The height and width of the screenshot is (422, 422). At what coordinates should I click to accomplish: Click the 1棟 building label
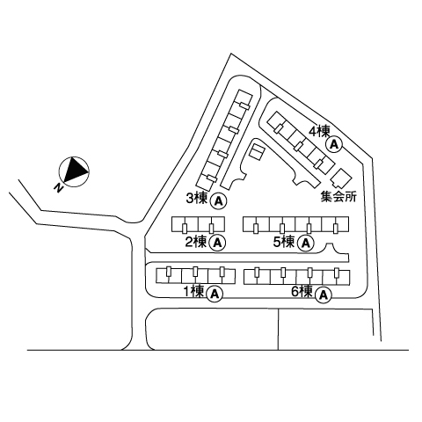click(193, 292)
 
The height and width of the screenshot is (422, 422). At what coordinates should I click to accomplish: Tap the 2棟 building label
click(196, 242)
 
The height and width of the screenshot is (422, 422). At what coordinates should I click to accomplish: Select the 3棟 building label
click(197, 199)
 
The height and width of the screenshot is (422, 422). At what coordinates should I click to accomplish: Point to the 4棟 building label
click(320, 131)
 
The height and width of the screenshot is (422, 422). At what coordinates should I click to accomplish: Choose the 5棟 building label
click(284, 242)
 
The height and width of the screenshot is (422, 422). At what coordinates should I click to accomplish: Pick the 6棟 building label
click(302, 292)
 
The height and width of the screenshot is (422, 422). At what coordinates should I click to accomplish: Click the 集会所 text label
click(338, 197)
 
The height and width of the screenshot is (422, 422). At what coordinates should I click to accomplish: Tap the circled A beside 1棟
click(215, 294)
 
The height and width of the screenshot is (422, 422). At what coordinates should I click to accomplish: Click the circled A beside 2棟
click(217, 243)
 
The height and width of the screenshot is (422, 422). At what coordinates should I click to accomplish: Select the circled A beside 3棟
click(219, 200)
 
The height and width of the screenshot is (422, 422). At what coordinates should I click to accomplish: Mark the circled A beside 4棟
click(334, 144)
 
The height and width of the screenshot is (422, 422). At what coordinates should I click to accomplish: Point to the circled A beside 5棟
click(306, 244)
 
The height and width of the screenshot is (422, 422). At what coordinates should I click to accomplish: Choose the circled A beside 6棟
click(324, 295)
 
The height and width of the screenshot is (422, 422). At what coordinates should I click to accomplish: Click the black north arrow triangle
click(75, 171)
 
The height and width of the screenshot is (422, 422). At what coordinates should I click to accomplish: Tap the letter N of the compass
click(59, 188)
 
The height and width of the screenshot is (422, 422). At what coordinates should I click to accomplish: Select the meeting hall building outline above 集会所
click(341, 178)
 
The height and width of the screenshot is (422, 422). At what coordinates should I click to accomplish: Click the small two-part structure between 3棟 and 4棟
click(257, 152)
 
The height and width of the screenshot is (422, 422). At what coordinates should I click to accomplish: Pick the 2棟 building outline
click(198, 225)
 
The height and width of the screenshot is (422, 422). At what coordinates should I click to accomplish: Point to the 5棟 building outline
click(296, 225)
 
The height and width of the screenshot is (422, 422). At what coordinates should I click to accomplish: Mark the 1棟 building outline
click(195, 276)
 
